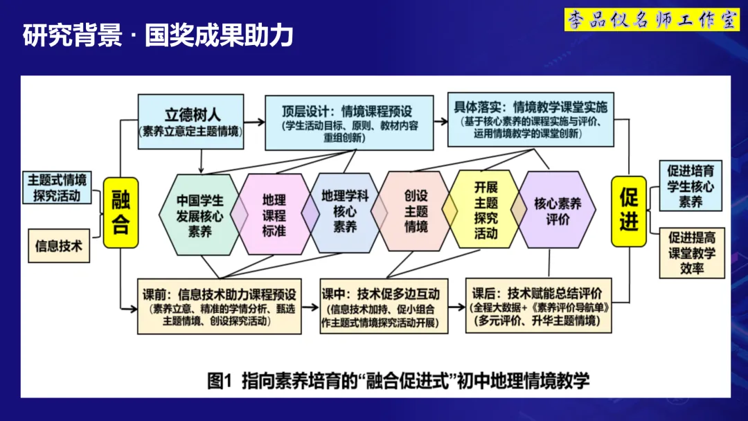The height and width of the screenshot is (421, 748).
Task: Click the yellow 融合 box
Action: [121, 213]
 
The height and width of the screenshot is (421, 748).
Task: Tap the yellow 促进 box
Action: [628, 210]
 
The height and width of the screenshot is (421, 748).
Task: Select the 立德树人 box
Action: [191, 121]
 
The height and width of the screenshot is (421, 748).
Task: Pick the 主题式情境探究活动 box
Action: [57, 188]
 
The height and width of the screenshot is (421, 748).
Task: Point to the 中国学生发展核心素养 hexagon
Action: [199, 215]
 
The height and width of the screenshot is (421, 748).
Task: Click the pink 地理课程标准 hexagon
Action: [274, 214]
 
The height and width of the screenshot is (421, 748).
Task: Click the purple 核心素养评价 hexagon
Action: [557, 210]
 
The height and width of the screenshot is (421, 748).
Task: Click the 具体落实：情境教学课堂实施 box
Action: [531, 119]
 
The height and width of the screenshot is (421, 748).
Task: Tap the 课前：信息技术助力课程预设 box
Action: [219, 305]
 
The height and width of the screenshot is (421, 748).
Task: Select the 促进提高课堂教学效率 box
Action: [691, 253]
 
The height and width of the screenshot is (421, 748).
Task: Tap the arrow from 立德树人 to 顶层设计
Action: [254, 123]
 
